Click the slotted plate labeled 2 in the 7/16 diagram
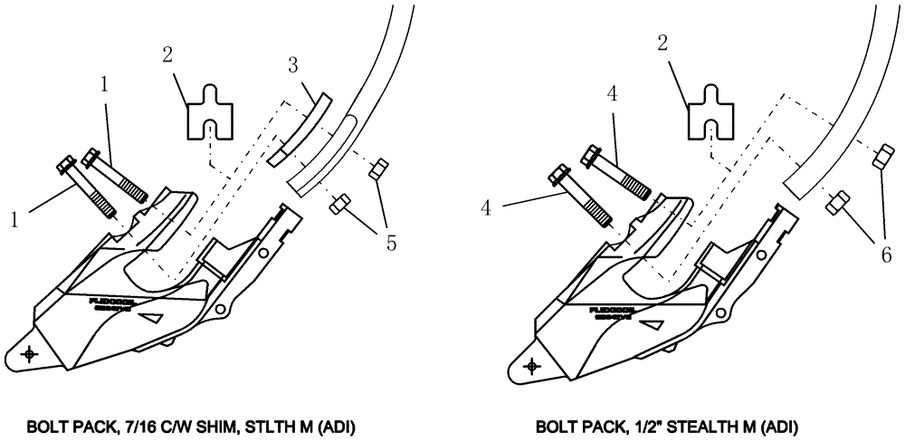[x=208, y=111]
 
